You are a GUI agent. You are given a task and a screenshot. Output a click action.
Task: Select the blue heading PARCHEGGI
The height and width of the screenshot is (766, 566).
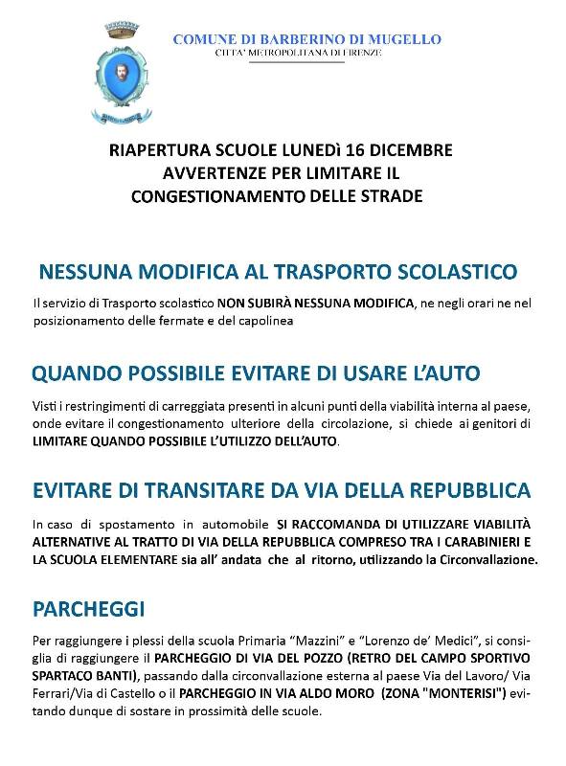tap(90, 609)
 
